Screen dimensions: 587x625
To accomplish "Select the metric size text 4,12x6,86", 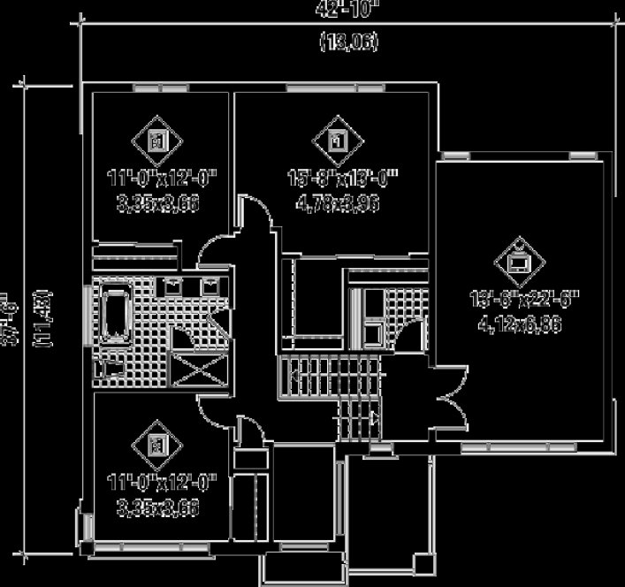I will tap(522, 324).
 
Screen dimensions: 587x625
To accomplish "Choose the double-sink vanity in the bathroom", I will tap(193, 286).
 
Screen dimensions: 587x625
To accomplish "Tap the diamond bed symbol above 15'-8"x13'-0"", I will tap(336, 140).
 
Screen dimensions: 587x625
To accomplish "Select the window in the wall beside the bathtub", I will tap(88, 316).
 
